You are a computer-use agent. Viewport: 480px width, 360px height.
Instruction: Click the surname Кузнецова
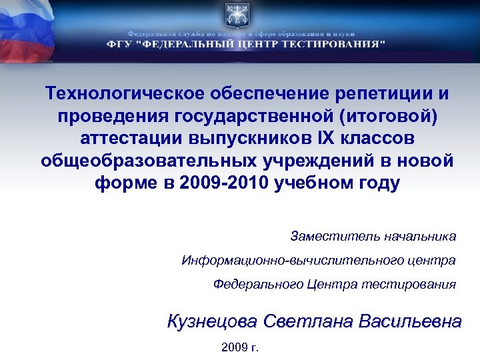click(x=211, y=321)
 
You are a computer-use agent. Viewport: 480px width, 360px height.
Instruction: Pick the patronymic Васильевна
click(x=409, y=321)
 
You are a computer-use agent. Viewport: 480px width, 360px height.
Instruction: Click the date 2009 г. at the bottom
click(x=239, y=347)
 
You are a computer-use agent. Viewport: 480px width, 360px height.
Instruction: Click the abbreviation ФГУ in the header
click(x=119, y=45)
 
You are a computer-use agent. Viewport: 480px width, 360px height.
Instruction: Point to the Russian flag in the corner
click(x=27, y=30)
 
